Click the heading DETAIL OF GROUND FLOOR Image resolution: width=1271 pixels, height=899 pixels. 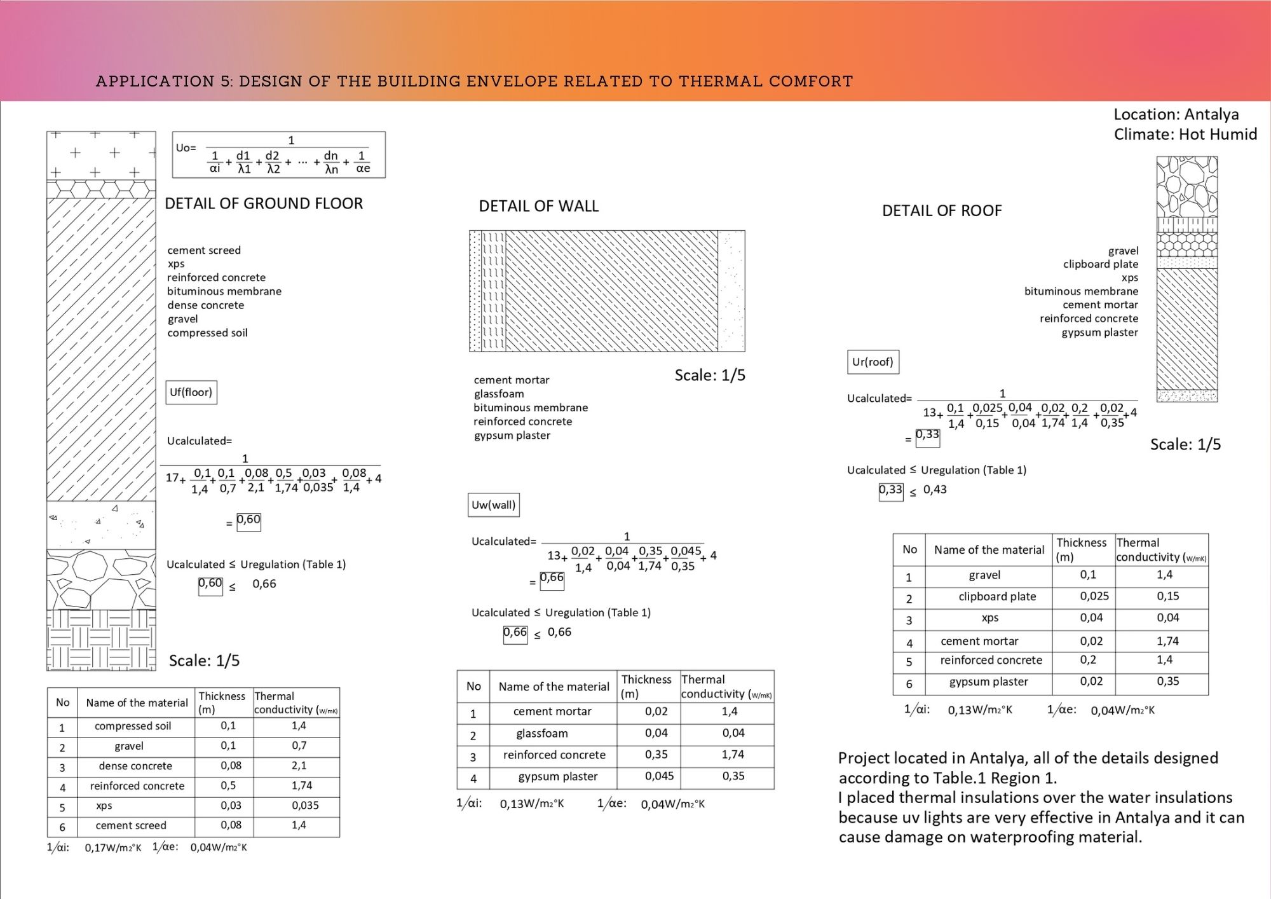264,203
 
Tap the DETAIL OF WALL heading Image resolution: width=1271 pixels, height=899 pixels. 538,206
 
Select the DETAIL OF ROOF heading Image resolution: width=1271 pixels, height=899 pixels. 941,210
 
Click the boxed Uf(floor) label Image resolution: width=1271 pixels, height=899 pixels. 191,392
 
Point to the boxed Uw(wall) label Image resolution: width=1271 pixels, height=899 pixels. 493,505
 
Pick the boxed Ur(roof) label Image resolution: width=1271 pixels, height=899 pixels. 873,362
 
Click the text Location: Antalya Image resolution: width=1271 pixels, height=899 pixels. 1176,114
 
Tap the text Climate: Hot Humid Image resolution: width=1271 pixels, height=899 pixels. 1185,134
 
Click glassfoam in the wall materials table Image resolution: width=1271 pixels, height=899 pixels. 541,734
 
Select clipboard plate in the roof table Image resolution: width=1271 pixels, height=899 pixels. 997,597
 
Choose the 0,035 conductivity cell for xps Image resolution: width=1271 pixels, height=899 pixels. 305,806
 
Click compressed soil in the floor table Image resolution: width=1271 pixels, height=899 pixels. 133,726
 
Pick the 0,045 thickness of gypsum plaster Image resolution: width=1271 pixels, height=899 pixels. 656,776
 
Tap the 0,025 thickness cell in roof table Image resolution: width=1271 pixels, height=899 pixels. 1094,596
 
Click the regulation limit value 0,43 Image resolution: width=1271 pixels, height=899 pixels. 935,490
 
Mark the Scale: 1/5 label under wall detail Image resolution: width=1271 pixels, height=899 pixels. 710,375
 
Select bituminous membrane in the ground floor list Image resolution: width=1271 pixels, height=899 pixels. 224,291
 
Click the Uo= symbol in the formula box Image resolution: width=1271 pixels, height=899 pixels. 186,148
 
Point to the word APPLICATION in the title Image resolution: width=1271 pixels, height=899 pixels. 155,81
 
